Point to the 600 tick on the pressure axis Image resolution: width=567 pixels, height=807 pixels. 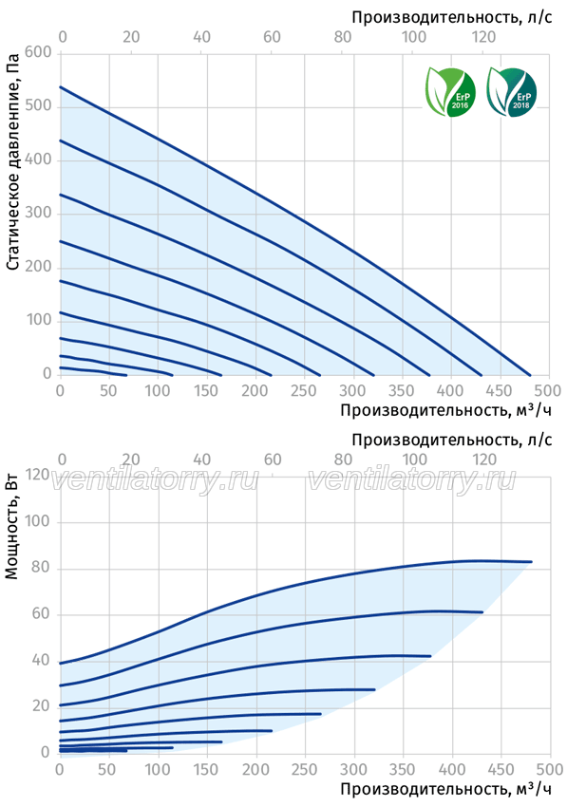point(38,52)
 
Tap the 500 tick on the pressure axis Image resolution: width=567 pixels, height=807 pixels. point(38,106)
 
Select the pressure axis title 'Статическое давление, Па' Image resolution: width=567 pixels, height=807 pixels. point(13,161)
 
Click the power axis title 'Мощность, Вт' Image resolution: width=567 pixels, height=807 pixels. point(11,530)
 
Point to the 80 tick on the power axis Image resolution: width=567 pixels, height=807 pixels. point(41,568)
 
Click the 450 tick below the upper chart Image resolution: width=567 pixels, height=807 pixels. point(500,390)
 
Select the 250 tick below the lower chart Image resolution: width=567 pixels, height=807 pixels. point(304,769)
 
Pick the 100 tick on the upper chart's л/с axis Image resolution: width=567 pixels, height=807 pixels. point(414,36)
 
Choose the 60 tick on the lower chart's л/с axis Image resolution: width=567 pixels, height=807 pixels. point(273,460)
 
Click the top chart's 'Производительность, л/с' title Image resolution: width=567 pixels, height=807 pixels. point(452,17)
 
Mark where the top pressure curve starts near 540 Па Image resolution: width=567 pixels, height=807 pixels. point(60,87)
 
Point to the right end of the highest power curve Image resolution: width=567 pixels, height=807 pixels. point(531,561)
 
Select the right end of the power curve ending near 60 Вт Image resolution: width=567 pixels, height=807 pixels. point(482,612)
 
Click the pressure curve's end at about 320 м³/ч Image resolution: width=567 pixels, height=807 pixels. point(373,375)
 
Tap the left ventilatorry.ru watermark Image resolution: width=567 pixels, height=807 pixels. point(154,480)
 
